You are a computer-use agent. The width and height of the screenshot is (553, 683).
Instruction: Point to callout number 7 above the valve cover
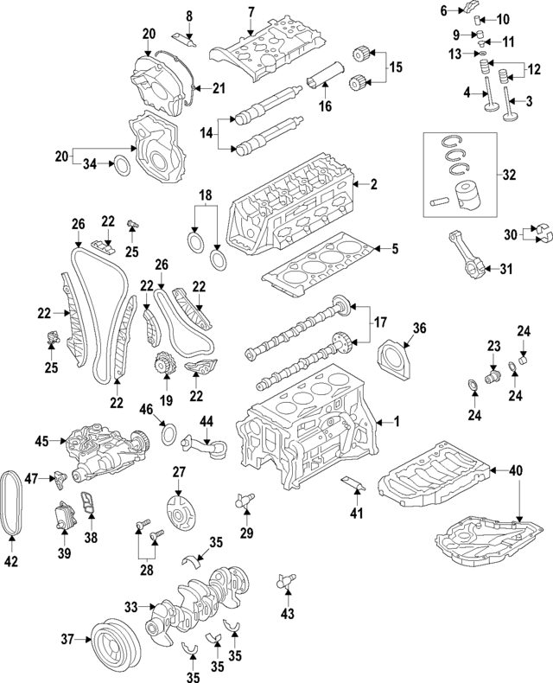(x=251, y=11)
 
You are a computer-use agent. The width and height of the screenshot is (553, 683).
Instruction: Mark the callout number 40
(x=516, y=470)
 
